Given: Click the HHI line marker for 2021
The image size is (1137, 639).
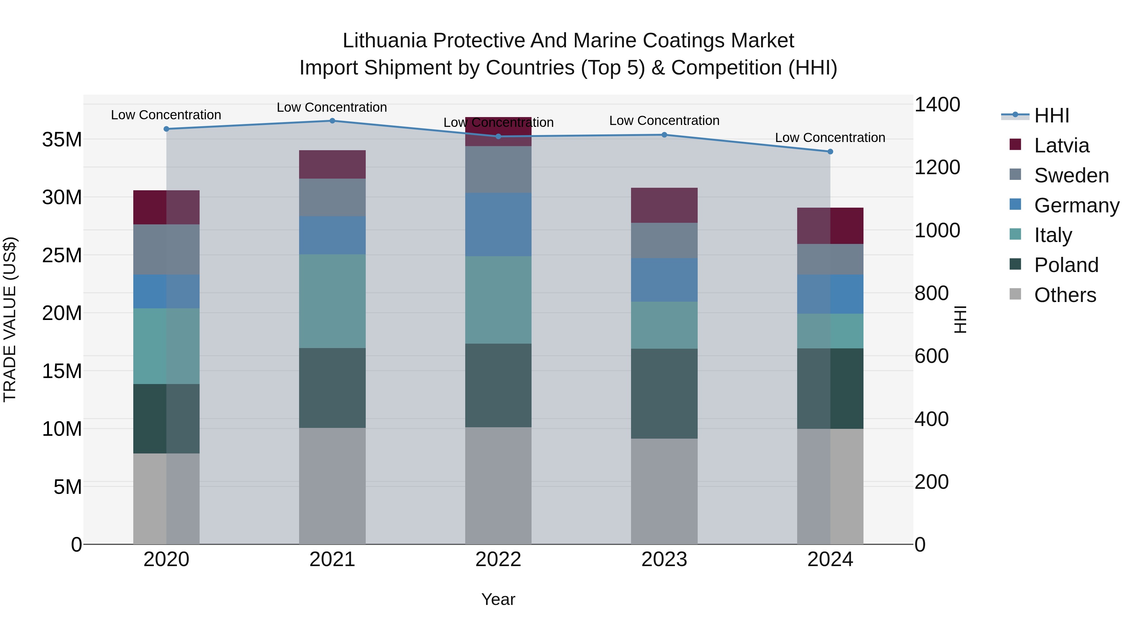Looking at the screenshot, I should pyautogui.click(x=332, y=121).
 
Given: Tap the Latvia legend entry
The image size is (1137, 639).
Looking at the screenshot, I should pyautogui.click(x=1061, y=145).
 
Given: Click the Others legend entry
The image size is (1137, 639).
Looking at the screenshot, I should pyautogui.click(x=1065, y=295).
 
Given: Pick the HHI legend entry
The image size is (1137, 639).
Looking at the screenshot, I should pyautogui.click(x=1051, y=115).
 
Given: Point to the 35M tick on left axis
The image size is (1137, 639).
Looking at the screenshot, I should pyautogui.click(x=62, y=140).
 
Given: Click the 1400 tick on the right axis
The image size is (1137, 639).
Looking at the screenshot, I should pyautogui.click(x=937, y=105).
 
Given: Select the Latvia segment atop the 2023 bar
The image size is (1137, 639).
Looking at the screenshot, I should pyautogui.click(x=664, y=205).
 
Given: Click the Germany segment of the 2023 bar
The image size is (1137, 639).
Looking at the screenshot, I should pyautogui.click(x=664, y=280).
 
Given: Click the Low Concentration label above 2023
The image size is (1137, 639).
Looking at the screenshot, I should pyautogui.click(x=664, y=121).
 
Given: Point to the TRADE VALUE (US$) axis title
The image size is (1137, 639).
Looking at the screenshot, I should pyautogui.click(x=10, y=319).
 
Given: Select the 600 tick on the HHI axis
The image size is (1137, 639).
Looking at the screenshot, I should pyautogui.click(x=931, y=356).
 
